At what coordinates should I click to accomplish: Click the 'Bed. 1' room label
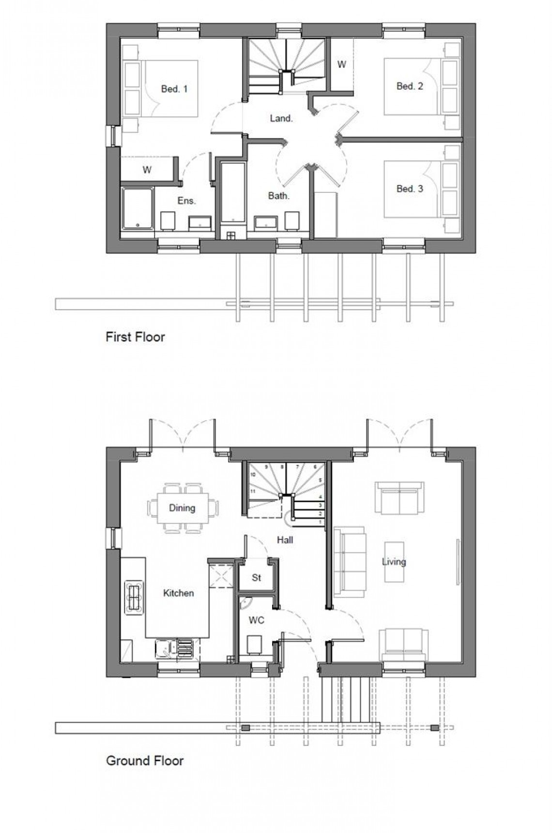(174, 89)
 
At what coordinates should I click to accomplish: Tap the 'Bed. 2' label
(410, 86)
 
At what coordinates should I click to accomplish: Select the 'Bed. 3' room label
(410, 189)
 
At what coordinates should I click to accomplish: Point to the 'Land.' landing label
(281, 118)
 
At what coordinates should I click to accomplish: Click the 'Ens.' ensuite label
(186, 201)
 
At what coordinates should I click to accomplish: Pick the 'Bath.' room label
(278, 196)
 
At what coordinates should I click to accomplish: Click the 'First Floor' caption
(135, 337)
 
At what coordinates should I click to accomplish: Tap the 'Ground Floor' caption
(145, 760)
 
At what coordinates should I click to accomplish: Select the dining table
(183, 508)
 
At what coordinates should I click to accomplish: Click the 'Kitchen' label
(178, 593)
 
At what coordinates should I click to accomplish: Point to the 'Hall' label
(285, 540)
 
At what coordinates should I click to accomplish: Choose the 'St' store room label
(257, 578)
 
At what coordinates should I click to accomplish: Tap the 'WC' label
(256, 620)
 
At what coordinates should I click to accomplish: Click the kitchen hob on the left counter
(134, 597)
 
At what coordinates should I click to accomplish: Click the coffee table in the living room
(394, 562)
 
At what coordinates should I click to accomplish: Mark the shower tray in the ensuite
(137, 209)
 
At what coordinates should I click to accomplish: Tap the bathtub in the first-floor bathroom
(233, 193)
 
